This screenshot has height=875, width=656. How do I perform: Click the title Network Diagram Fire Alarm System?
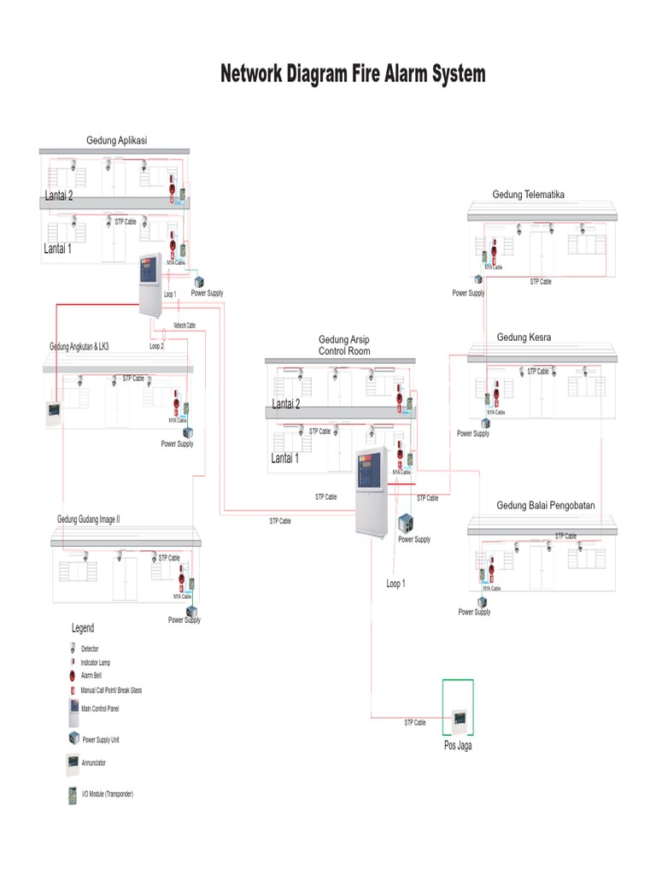point(353,74)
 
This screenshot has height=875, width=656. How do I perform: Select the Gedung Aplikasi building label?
point(117,140)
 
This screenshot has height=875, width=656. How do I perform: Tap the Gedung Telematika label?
point(528,195)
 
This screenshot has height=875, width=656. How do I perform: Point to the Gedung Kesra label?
point(524,338)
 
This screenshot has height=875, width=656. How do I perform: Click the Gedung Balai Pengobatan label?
point(546,506)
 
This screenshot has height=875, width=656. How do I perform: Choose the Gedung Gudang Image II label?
point(94,519)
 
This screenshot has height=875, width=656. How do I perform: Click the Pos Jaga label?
point(458,745)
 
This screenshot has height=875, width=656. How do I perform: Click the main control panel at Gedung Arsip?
point(372,491)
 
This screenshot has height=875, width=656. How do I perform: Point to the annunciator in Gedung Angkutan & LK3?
point(56,412)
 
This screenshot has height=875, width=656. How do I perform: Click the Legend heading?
point(83,628)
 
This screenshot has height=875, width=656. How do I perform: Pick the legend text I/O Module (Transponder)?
point(107,794)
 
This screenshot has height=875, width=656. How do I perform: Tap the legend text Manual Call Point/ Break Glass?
point(111,690)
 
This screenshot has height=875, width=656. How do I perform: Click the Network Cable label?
point(184,326)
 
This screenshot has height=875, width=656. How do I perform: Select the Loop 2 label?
point(156,347)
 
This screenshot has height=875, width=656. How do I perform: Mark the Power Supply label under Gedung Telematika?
point(468,293)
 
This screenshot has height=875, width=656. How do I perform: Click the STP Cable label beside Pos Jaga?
point(415,723)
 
